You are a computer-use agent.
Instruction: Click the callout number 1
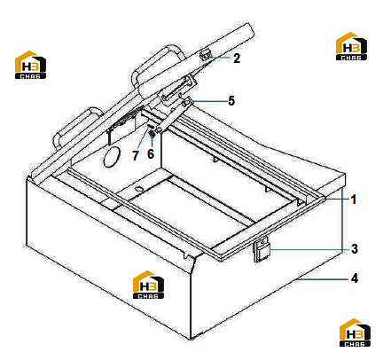[354, 200]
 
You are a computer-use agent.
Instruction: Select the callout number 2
[237, 59]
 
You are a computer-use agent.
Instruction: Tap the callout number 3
[355, 249]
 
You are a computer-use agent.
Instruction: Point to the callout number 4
[355, 278]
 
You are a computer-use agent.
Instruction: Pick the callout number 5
[231, 101]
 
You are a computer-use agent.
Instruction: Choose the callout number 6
[151, 153]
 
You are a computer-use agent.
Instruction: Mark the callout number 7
[136, 155]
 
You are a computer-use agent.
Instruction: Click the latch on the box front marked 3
[262, 249]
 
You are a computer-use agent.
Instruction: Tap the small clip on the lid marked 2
[206, 54]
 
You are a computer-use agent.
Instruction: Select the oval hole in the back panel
[112, 156]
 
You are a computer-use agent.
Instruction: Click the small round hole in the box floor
[138, 188]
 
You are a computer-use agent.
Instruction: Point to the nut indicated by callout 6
[152, 135]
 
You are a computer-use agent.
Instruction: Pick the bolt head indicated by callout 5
[185, 103]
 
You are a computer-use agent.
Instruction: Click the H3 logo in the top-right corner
[351, 46]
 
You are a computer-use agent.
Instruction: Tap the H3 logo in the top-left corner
[30, 65]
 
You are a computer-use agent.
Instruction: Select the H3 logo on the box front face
[148, 285]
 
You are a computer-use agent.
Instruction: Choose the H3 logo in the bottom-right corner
[355, 333]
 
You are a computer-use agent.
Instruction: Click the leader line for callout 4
[322, 278]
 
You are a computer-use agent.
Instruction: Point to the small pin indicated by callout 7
[150, 126]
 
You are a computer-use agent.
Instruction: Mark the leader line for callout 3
[309, 250]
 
